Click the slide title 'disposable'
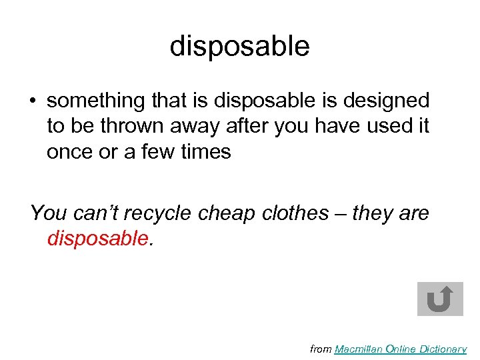click(x=239, y=47)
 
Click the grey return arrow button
click(x=440, y=299)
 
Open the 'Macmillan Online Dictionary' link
click(x=400, y=349)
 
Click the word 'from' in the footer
click(x=321, y=349)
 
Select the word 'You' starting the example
click(x=45, y=213)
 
